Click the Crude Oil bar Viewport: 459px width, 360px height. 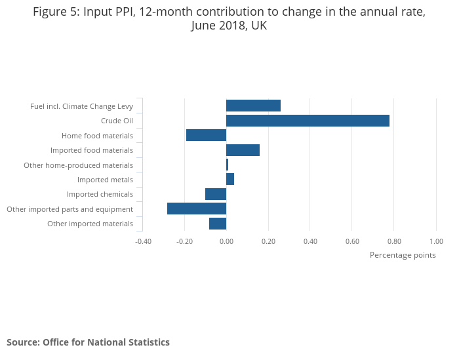pyautogui.click(x=308, y=121)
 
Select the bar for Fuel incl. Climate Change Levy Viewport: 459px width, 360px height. pyautogui.click(x=253, y=106)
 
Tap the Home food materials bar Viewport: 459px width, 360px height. pyautogui.click(x=206, y=135)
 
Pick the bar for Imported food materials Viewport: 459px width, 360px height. pyautogui.click(x=243, y=150)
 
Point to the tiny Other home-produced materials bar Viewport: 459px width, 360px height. pyautogui.click(x=228, y=165)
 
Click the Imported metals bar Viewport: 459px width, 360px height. pyautogui.click(x=230, y=179)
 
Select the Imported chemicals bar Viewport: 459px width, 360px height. pyautogui.click(x=216, y=194)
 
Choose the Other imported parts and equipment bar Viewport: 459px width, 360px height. pyautogui.click(x=197, y=209)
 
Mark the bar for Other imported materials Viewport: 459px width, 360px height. pyautogui.click(x=218, y=224)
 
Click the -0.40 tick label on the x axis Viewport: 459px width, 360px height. pyautogui.click(x=143, y=241)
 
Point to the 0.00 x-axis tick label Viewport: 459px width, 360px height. pyautogui.click(x=226, y=241)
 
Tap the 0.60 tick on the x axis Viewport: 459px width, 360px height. pyautogui.click(x=352, y=241)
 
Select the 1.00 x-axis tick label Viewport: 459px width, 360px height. pyautogui.click(x=436, y=241)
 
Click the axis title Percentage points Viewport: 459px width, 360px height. pyautogui.click(x=403, y=255)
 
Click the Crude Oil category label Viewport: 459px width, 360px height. pyautogui.click(x=117, y=121)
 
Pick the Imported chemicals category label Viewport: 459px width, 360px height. pyautogui.click(x=100, y=194)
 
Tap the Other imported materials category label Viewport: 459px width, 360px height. pyautogui.click(x=90, y=224)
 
